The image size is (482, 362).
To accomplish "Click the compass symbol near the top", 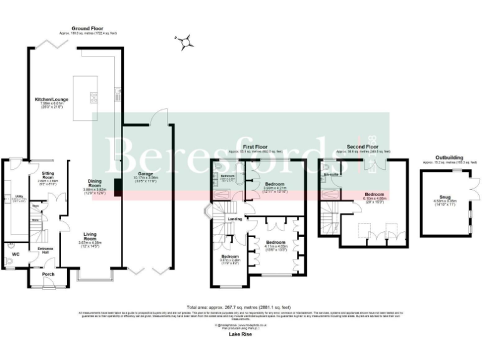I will [x=185, y=42].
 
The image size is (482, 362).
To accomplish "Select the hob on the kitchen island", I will [x=94, y=97].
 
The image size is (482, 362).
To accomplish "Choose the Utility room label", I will [x=18, y=197].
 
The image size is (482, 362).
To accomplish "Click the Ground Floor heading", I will [x=88, y=28].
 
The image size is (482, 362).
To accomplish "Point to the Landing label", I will [x=235, y=219].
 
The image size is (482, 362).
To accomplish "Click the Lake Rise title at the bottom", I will [x=241, y=336].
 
